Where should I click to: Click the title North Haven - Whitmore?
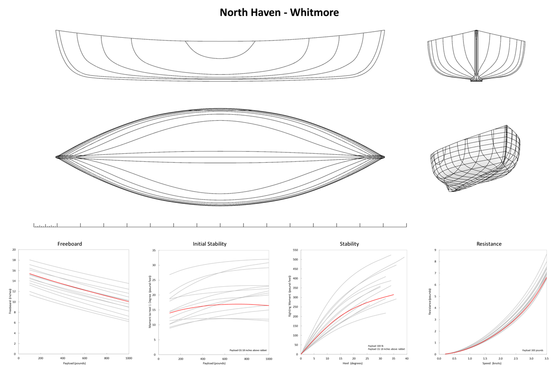[279, 13]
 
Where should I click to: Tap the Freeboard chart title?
[69, 244]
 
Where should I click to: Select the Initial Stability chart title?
[210, 244]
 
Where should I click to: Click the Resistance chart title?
[489, 244]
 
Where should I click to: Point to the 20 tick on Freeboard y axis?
[14, 249]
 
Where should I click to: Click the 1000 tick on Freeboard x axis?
[129, 358]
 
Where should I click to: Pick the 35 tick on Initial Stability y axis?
[154, 250]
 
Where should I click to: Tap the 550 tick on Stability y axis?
[295, 250]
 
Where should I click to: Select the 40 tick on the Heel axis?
[407, 359]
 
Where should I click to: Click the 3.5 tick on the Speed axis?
[546, 359]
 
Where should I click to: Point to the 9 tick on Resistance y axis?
[436, 250]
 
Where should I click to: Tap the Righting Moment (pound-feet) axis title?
[290, 296]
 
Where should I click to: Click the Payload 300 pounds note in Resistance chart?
[533, 350]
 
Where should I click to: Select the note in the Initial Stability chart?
[248, 350]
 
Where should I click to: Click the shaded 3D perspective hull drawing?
[476, 159]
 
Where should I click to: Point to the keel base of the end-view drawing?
[477, 80]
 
